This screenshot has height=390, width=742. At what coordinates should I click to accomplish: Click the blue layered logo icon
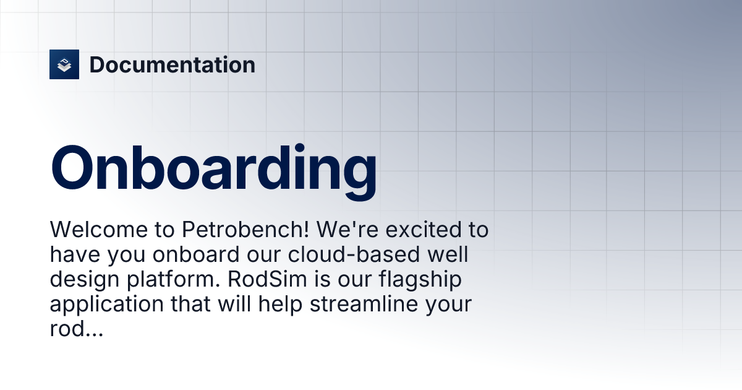pyautogui.click(x=64, y=64)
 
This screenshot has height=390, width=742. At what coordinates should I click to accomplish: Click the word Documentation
pyautogui.click(x=172, y=64)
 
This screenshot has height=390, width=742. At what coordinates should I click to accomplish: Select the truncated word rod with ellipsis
pyautogui.click(x=76, y=329)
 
